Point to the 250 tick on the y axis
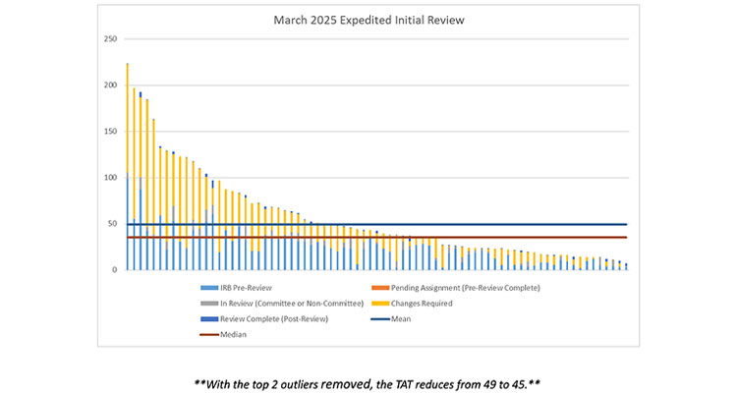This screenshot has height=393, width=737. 111,39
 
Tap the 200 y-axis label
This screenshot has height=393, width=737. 111,85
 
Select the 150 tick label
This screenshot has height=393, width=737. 111,132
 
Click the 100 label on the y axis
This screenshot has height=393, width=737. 111,178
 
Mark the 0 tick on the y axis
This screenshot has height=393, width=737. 115,269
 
